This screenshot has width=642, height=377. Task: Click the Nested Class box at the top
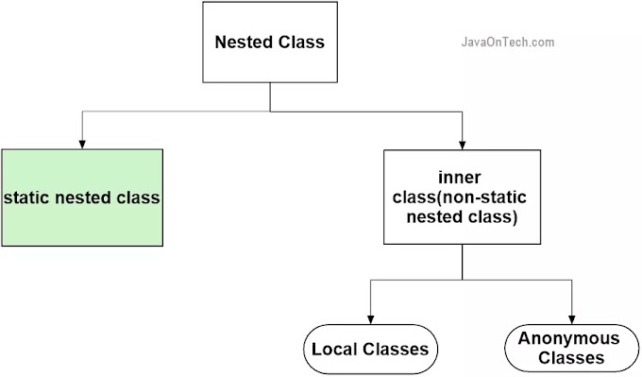(270, 43)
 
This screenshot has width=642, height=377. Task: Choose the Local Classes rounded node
(370, 349)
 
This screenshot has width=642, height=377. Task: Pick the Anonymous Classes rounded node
(569, 349)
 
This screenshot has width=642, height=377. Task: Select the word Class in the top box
(303, 43)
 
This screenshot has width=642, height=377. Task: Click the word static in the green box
(26, 198)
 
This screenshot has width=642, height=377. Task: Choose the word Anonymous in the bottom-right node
(569, 339)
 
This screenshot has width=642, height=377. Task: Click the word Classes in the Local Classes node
(396, 350)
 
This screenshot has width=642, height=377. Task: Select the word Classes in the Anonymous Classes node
(569, 358)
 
